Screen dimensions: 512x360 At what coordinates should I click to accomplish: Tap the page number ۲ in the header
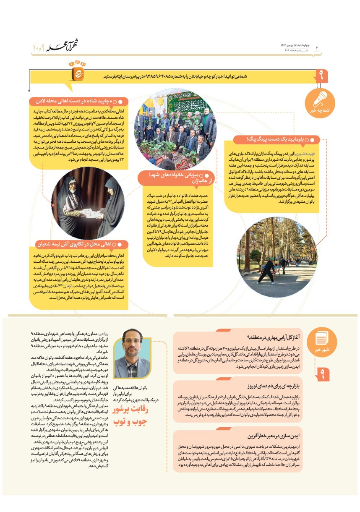point(317,48)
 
